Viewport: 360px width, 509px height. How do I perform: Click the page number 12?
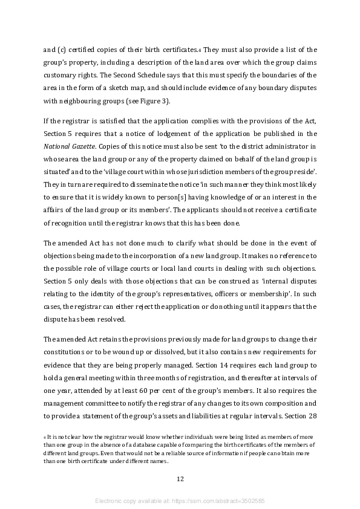(x=180, y=479)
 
